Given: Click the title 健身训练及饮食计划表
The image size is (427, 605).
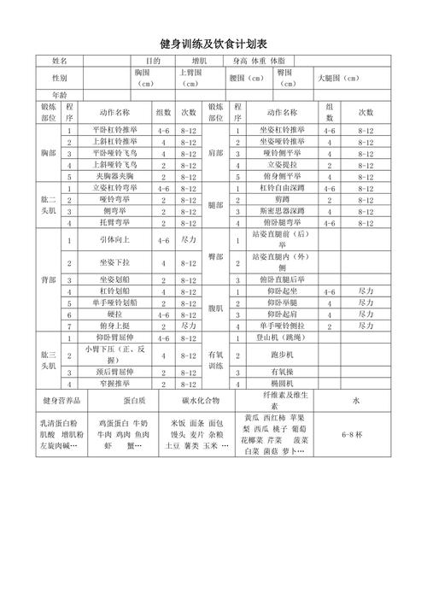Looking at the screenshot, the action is click(213, 43).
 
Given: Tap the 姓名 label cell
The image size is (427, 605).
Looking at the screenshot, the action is click(59, 62).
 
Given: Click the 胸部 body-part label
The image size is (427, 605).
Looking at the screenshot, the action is click(47, 152).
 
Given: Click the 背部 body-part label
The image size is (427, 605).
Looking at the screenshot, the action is click(47, 279).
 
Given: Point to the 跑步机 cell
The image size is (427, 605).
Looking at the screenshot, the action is click(281, 354).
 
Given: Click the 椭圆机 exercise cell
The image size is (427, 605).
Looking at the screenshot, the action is click(281, 385).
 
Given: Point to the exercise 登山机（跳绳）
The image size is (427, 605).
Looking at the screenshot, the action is click(281, 338).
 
